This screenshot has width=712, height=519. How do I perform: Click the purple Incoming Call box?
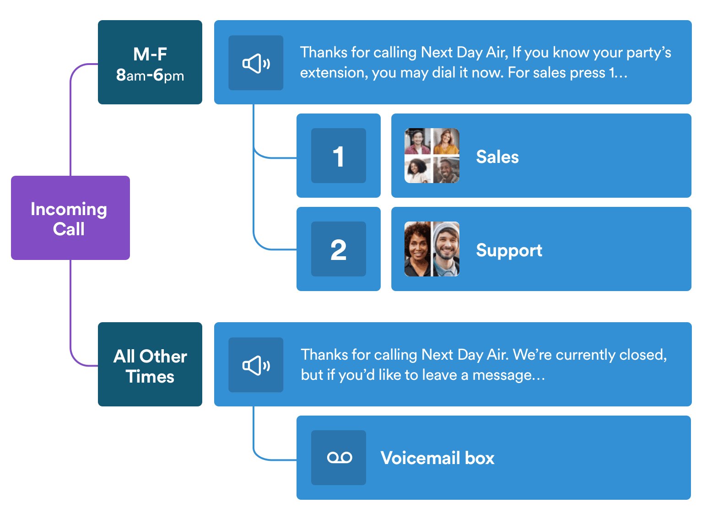coord(70,218)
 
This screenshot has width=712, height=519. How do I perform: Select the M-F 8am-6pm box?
coord(150,62)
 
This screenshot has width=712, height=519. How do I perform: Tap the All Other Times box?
coord(150,364)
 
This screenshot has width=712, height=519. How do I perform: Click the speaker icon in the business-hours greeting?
coord(256,63)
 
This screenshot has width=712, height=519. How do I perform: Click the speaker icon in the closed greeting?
coord(256,365)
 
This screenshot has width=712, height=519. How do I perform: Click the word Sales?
coord(497,157)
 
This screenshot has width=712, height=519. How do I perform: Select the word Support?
coord(509,250)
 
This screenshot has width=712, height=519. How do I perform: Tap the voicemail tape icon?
coord(339,458)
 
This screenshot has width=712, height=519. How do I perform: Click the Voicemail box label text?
coord(437,458)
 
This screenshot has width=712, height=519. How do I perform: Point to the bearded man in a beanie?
coord(446,249)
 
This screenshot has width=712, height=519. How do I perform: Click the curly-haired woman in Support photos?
coord(417,249)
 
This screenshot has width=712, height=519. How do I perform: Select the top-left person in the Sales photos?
coord(417,141)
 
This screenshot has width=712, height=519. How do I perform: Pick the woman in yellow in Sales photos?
coord(446,141)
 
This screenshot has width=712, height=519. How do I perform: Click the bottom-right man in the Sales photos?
coord(446,170)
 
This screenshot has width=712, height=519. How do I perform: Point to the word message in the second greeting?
coord(502,375)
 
